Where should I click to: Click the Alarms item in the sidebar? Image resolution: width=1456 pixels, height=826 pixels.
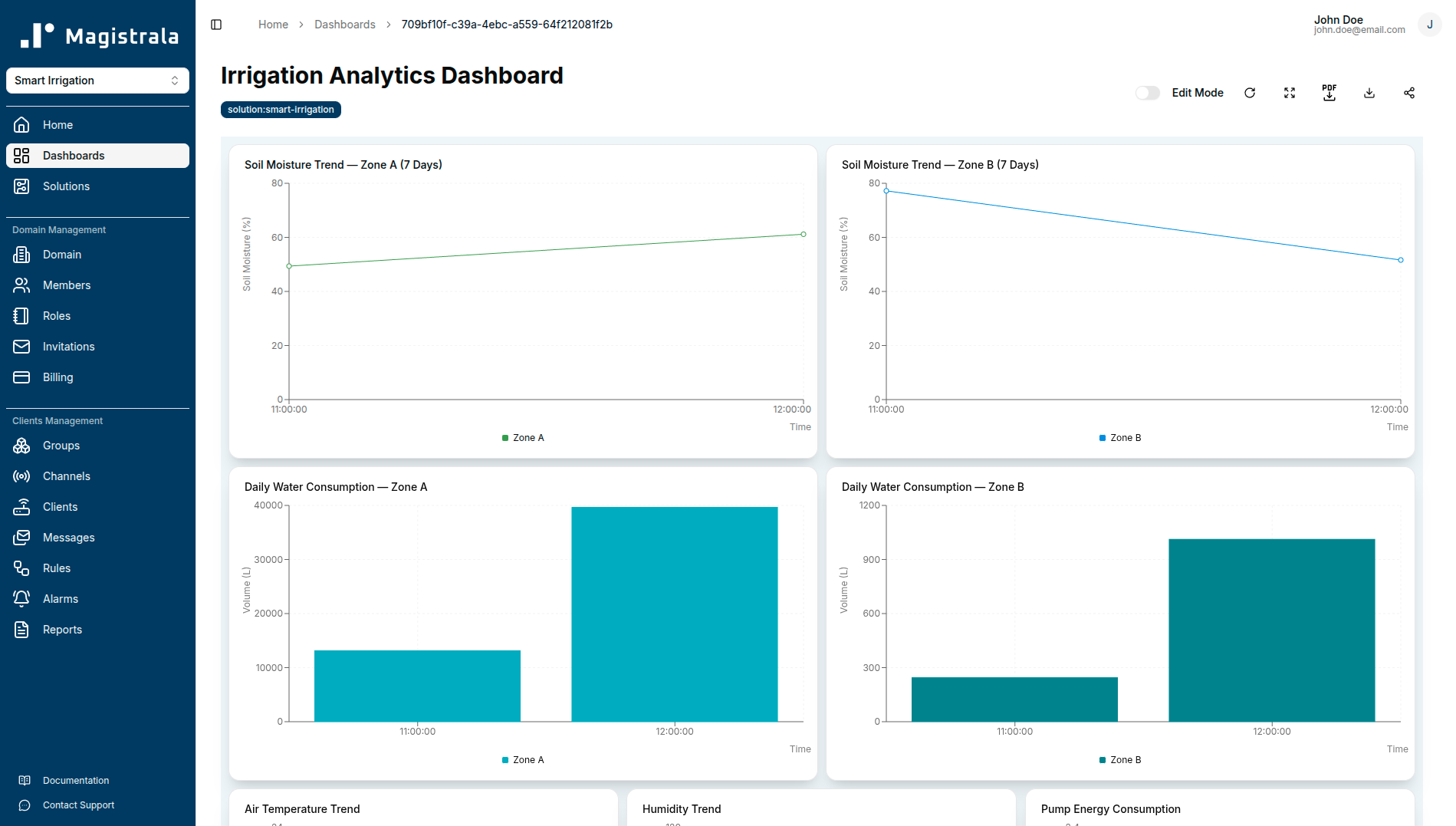(x=60, y=599)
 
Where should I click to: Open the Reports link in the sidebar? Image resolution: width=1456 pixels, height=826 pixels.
(x=61, y=630)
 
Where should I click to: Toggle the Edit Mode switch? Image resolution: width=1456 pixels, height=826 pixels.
(x=1147, y=93)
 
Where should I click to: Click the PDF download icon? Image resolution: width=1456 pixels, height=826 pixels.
(x=1329, y=93)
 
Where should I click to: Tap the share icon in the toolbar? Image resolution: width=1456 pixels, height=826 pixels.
(x=1408, y=93)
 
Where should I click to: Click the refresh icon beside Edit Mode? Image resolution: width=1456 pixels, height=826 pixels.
(x=1249, y=93)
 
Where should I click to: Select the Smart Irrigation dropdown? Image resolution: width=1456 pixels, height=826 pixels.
(x=97, y=81)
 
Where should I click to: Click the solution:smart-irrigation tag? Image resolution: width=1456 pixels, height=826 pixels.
(x=281, y=110)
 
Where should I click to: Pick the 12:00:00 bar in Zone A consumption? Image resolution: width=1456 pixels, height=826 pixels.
(x=674, y=614)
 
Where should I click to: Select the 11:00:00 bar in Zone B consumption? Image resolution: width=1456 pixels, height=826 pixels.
(x=1014, y=699)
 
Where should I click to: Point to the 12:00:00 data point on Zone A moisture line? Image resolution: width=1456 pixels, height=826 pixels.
(x=803, y=235)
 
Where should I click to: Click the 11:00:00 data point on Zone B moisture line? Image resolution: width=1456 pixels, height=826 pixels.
(x=886, y=191)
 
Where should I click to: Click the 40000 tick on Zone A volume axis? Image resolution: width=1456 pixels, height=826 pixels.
(x=268, y=505)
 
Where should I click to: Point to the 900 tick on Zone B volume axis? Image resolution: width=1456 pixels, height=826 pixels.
(x=871, y=560)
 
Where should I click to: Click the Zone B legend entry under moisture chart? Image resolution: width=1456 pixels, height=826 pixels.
(x=1120, y=438)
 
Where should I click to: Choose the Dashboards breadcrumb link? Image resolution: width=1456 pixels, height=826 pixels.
(x=344, y=25)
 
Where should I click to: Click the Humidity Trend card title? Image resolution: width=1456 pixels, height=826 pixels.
(x=681, y=809)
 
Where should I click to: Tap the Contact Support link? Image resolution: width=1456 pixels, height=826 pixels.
(x=78, y=805)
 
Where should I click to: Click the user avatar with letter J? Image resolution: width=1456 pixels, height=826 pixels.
(x=1429, y=25)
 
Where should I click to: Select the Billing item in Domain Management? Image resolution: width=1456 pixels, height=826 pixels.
(x=58, y=377)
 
